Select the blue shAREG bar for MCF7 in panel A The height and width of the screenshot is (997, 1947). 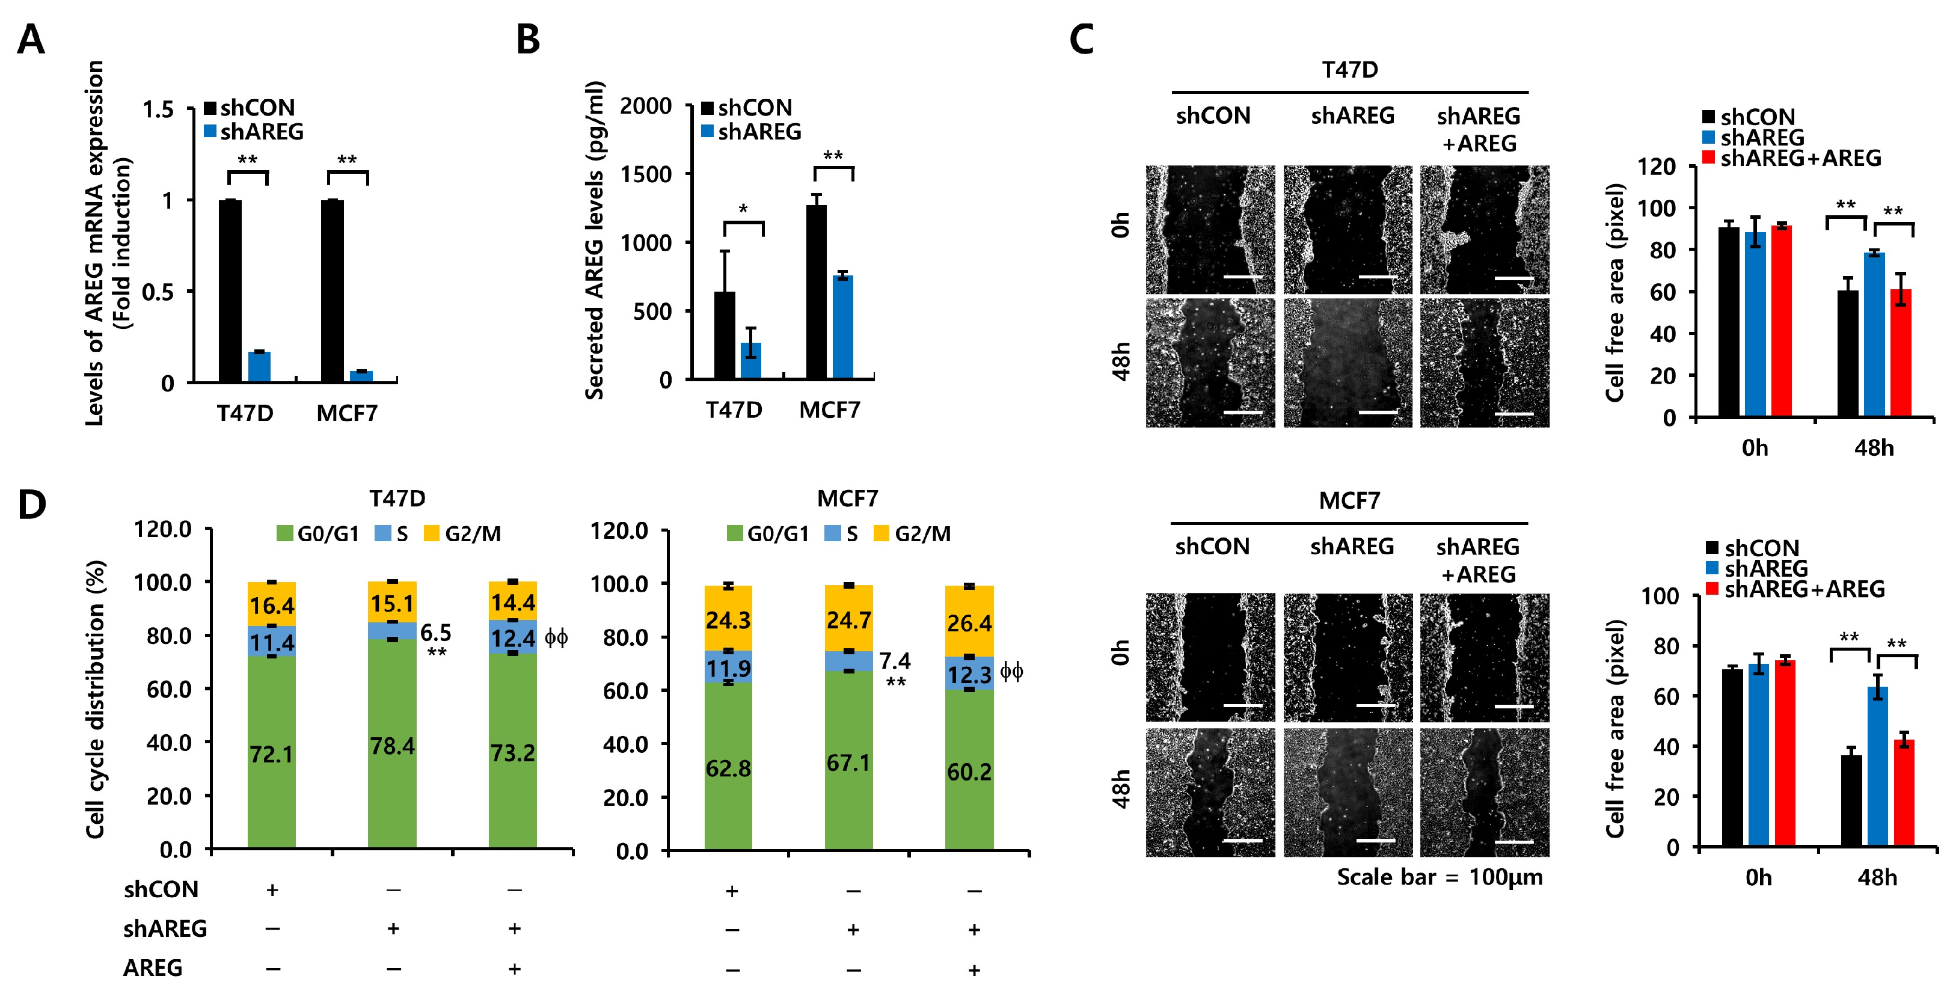(x=361, y=376)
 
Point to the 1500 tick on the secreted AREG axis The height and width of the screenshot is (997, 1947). (x=646, y=174)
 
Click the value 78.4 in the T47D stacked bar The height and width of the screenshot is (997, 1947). (x=392, y=746)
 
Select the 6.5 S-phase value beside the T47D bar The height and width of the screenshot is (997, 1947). (x=436, y=633)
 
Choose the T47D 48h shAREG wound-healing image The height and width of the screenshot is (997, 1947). (x=1347, y=363)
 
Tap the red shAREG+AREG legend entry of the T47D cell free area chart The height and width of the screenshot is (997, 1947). (x=1792, y=158)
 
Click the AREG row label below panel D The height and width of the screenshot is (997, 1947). (x=153, y=968)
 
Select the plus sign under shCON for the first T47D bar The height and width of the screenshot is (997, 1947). (x=272, y=890)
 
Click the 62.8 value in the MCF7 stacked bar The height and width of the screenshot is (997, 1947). (x=728, y=768)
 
